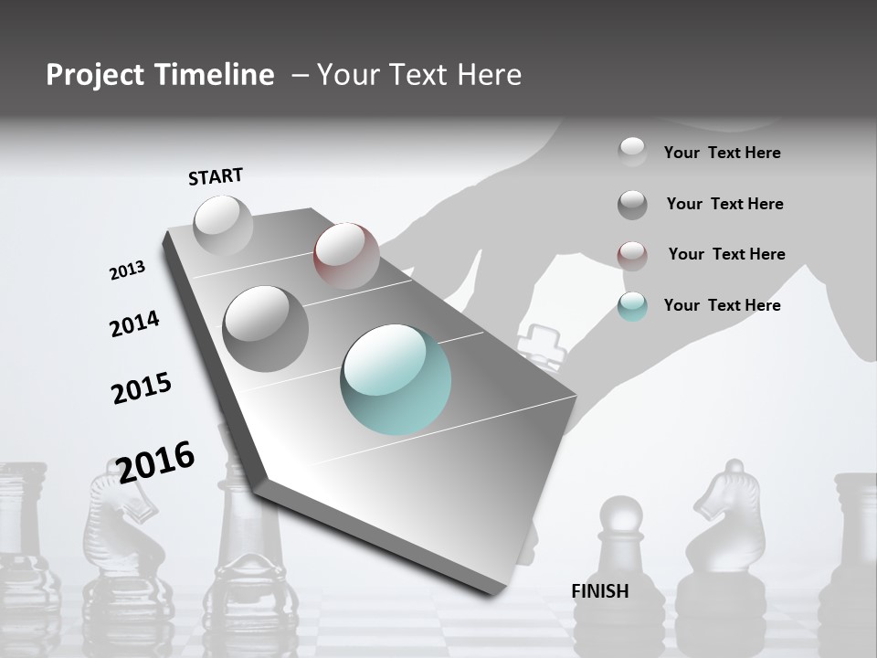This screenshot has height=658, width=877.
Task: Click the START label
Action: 216,176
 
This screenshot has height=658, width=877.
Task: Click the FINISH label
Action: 600,591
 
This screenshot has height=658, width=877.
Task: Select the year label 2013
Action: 127,271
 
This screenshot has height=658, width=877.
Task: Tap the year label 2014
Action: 134,324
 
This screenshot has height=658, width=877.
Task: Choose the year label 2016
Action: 155,462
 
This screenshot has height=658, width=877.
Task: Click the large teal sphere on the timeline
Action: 396,379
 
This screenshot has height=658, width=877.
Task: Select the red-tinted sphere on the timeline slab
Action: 346,255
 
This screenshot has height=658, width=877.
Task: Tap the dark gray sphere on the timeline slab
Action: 265,328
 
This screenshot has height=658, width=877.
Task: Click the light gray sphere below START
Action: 223,225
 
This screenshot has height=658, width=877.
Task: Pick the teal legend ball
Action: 632,306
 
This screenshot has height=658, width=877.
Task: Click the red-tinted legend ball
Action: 632,255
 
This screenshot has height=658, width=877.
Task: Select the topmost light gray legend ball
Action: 632,152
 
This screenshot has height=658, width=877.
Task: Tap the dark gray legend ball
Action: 632,205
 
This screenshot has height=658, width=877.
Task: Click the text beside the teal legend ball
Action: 722,305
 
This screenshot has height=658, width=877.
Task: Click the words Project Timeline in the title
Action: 160,75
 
